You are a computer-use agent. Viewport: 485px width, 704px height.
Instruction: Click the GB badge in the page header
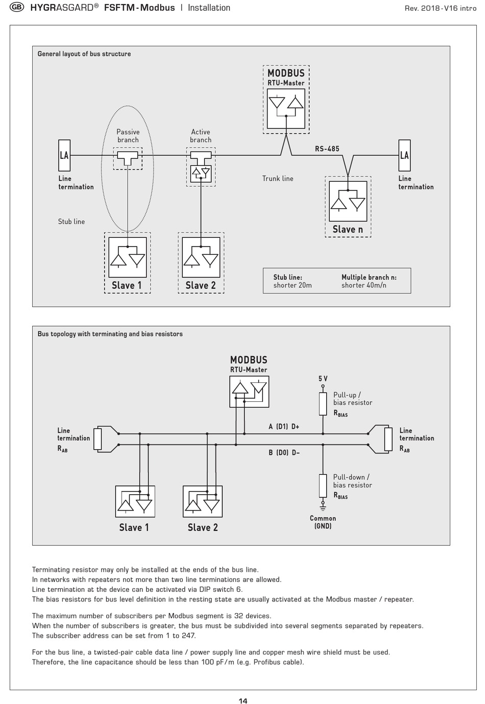[x=17, y=7]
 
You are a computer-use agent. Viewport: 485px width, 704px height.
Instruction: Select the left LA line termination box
[x=64, y=155]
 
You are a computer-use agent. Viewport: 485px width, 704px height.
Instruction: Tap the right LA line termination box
[x=404, y=155]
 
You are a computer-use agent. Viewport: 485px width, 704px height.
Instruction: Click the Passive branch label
[x=128, y=136]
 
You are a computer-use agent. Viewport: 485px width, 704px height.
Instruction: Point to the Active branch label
[x=201, y=136]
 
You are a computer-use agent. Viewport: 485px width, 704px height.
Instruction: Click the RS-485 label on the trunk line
[x=327, y=149]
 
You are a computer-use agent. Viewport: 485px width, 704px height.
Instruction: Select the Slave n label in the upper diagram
[x=348, y=229]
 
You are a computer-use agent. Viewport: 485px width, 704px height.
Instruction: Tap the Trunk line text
[x=278, y=179]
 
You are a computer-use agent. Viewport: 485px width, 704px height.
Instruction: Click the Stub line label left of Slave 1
[x=71, y=222]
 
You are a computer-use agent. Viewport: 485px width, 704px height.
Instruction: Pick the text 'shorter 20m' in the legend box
[x=293, y=285]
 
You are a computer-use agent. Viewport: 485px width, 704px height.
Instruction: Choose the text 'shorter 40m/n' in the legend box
[x=363, y=285]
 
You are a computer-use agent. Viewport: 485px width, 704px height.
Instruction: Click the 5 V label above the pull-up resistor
[x=323, y=379]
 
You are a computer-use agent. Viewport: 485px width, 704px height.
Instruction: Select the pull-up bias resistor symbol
[x=323, y=404]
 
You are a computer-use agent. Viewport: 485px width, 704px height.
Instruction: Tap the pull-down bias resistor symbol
[x=323, y=486]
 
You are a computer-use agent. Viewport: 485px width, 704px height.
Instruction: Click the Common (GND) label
[x=323, y=522]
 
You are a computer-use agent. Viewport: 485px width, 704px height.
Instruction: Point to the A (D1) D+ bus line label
[x=284, y=426]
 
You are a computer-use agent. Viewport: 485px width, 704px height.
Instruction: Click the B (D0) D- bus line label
[x=284, y=453]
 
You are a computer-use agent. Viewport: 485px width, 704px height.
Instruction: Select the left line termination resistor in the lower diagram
[x=98, y=439]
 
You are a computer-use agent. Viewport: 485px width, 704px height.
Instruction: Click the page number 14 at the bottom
[x=243, y=700]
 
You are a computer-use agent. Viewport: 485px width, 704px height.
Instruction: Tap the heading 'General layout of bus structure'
[x=84, y=54]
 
